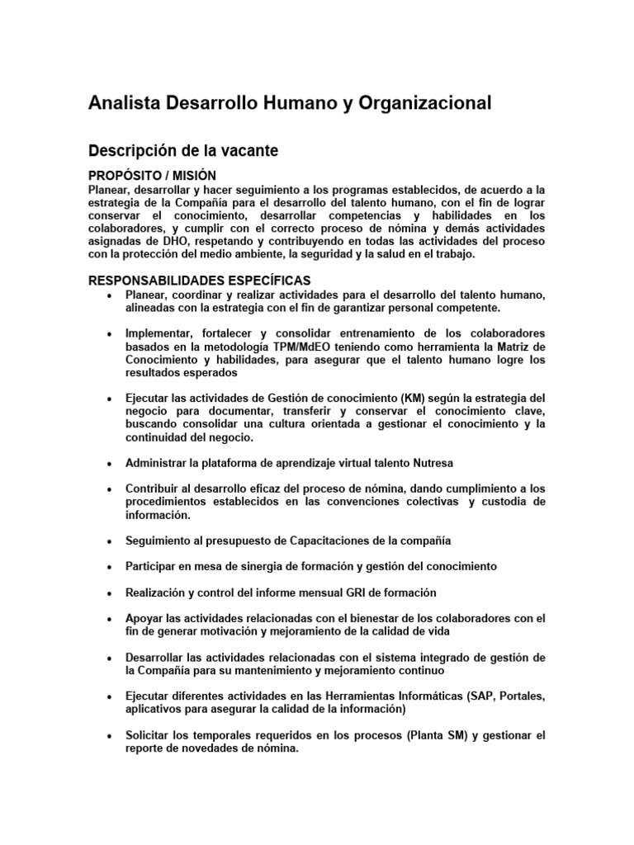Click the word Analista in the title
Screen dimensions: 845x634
pos(125,103)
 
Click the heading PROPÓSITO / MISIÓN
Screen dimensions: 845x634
pos(152,176)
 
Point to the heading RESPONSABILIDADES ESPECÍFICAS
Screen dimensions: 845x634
pos(199,281)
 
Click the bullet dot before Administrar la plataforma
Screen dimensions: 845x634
pos(109,464)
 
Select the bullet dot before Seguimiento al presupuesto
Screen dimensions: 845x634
pos(109,541)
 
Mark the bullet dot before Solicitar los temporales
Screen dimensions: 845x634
pos(109,736)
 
